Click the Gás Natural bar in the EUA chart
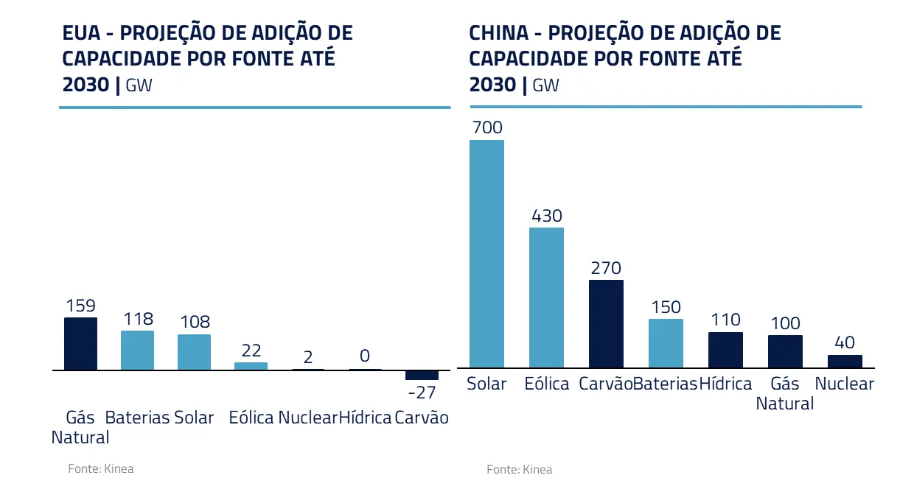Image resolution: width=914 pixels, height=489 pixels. pos(80,344)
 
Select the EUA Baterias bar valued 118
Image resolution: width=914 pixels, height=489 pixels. pos(137,351)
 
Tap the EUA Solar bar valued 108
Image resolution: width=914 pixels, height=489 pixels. pos(194,352)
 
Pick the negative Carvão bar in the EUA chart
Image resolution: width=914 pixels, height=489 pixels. pos(422,375)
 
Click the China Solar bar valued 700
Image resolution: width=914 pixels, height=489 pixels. pos(486,254)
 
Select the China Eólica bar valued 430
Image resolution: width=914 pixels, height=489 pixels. pos(546,298)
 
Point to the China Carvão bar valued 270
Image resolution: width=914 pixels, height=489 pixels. pos(606,324)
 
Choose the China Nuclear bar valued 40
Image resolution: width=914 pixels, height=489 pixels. pos(845,362)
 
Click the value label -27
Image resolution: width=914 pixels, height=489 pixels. pos(422,393)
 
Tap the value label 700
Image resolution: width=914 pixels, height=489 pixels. pos(486,128)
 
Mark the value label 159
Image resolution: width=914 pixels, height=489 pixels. pos(80,306)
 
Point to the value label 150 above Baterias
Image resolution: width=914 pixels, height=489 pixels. pos(666,307)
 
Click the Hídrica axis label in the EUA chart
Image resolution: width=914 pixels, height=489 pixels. pos(365,418)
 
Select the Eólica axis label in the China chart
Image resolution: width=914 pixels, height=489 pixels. pos(546,384)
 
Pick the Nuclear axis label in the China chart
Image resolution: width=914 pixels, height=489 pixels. pos(845,384)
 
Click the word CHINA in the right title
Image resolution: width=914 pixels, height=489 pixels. pos(498,33)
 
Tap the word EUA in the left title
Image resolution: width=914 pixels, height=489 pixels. pos(81,33)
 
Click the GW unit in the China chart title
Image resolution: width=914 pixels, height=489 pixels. pos(545,85)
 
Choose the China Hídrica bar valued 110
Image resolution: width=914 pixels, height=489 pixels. pos(725,350)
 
